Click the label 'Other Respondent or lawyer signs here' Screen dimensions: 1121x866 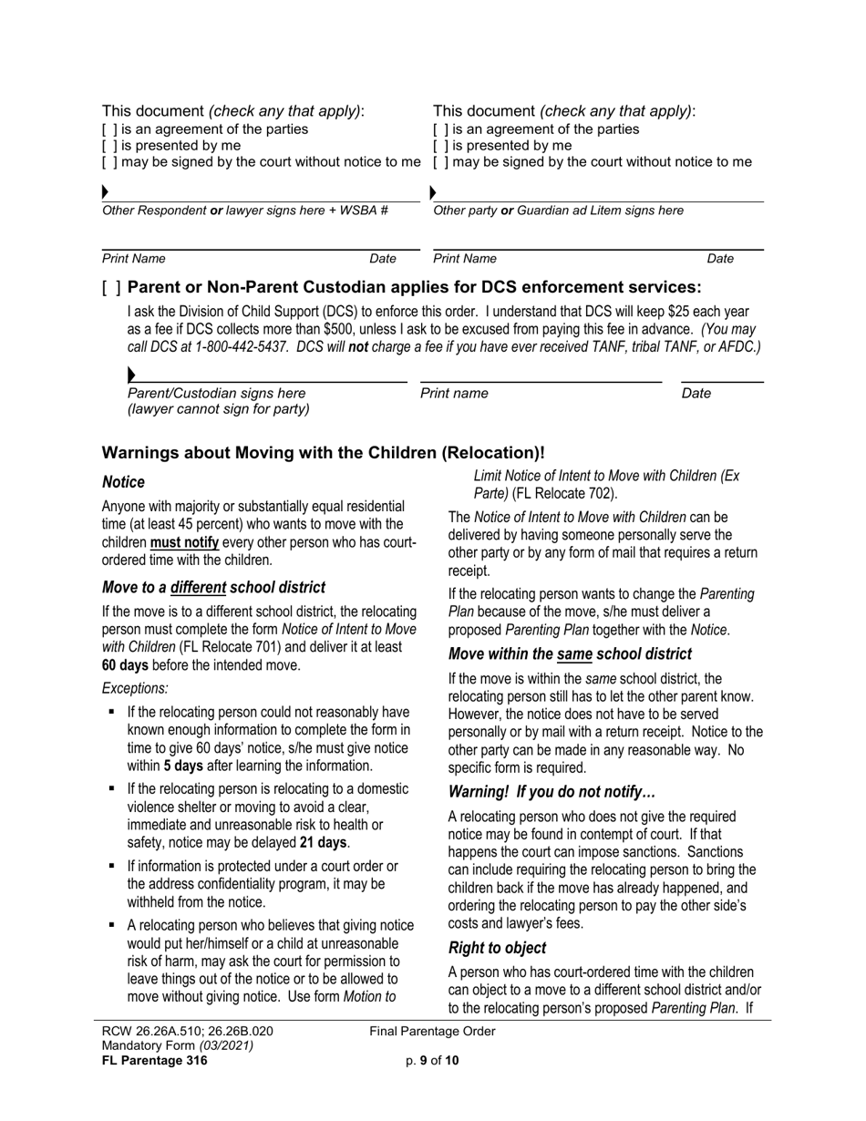click(x=244, y=211)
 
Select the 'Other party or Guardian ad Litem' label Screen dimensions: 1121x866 click(x=558, y=211)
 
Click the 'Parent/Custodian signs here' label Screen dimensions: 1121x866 click(x=216, y=394)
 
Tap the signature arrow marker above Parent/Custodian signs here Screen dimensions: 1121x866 click(x=132, y=375)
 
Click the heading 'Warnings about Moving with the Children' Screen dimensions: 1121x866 click(x=323, y=453)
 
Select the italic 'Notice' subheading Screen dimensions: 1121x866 click(x=123, y=481)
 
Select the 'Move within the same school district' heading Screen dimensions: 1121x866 click(x=570, y=653)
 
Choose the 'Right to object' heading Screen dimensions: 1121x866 click(x=498, y=948)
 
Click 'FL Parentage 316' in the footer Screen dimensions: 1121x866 click(x=155, y=1060)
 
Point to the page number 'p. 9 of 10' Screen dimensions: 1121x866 click(x=432, y=1060)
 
